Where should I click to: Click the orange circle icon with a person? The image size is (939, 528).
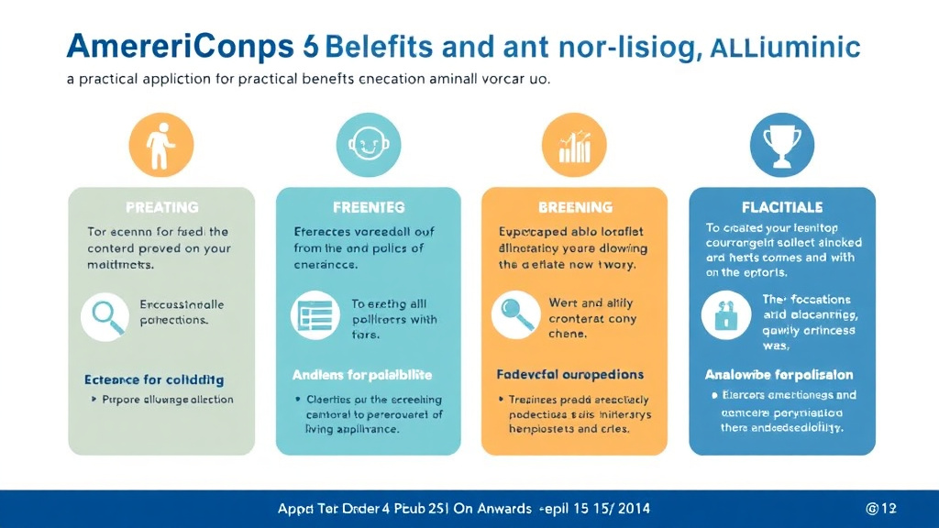point(161,146)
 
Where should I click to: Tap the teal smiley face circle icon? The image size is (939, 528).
point(367,146)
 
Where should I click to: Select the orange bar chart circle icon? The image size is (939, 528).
point(575,146)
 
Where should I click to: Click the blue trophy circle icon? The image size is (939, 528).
point(781,146)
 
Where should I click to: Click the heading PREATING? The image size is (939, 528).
point(161,208)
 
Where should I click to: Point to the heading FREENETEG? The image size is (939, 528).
point(367,208)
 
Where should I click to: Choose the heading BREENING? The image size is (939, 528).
point(574,208)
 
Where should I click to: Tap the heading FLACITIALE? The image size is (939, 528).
point(782,208)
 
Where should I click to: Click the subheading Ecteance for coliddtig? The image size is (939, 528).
point(154,379)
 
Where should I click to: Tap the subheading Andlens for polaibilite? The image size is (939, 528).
point(361,375)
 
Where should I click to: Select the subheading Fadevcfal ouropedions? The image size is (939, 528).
point(569,375)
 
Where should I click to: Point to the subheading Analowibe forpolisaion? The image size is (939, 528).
point(779,375)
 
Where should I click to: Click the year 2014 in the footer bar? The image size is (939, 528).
point(633,508)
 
